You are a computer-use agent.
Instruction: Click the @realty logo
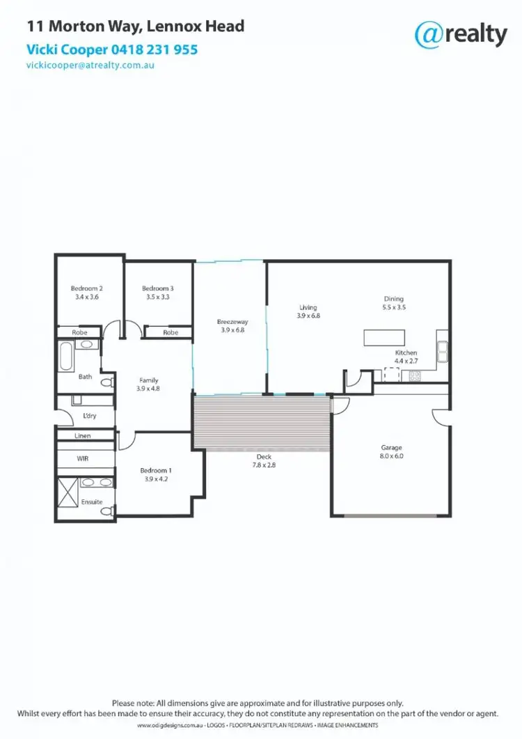tap(460, 33)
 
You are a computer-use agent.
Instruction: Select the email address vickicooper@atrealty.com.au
tap(90, 65)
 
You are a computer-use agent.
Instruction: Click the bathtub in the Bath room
tap(65, 356)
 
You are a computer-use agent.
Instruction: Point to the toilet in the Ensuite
tap(107, 511)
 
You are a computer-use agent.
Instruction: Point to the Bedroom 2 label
tap(87, 288)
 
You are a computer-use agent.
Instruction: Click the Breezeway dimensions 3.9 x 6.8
tap(232, 330)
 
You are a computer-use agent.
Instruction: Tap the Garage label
tap(391, 448)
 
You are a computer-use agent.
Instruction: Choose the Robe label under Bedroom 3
tap(171, 333)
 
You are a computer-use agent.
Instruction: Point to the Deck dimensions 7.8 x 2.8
tap(263, 465)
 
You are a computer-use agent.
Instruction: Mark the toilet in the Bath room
tap(106, 382)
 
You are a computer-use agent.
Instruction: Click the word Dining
tap(393, 299)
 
